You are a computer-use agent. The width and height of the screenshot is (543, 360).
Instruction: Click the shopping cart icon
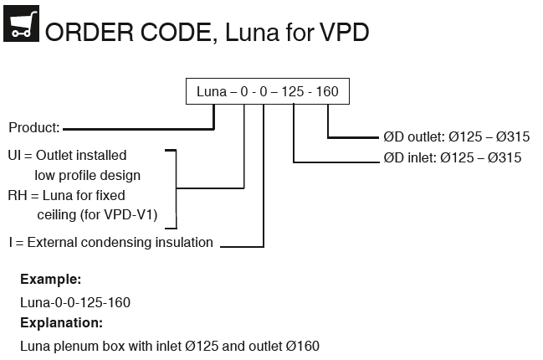click(21, 27)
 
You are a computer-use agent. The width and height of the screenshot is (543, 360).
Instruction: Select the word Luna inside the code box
click(210, 91)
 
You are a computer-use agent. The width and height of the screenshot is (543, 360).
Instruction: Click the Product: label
click(33, 128)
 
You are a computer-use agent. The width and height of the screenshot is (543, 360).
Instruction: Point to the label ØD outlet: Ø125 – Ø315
click(456, 137)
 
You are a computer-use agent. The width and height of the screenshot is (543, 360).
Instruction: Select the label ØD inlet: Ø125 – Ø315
click(452, 157)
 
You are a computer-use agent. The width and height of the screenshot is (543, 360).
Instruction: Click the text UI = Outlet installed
click(67, 156)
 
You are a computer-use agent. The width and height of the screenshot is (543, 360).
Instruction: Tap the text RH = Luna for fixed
click(66, 196)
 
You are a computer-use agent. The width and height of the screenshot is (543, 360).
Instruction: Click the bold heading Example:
click(50, 280)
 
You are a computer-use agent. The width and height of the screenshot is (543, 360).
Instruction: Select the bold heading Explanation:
click(61, 322)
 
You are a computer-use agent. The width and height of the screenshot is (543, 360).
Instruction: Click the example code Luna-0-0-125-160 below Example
click(74, 301)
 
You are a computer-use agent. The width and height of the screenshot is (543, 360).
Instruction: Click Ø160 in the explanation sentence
click(302, 345)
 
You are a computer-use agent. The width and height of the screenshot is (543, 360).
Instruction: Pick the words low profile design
click(87, 176)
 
